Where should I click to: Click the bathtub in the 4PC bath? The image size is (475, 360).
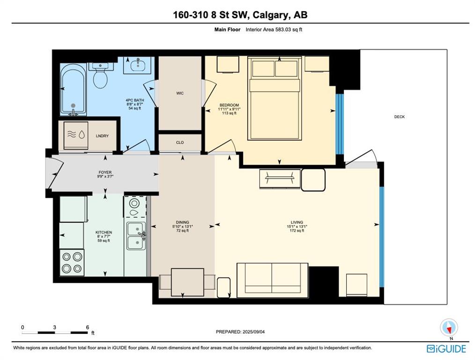(73, 89)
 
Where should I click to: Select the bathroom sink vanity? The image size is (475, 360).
(138, 65)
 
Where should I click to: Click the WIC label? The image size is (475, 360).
(180, 93)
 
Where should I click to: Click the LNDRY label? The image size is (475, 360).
(102, 136)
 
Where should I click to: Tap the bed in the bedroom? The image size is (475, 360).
(274, 98)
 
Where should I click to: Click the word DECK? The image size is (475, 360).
(399, 117)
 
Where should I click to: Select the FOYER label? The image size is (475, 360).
(105, 172)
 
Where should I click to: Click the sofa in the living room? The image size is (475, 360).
(272, 278)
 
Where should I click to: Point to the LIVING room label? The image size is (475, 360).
(297, 222)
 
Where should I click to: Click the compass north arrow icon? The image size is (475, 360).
(449, 327)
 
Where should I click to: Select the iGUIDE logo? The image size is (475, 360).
(446, 348)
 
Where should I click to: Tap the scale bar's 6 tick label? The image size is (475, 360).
(87, 327)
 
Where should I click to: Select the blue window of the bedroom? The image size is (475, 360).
(340, 124)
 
